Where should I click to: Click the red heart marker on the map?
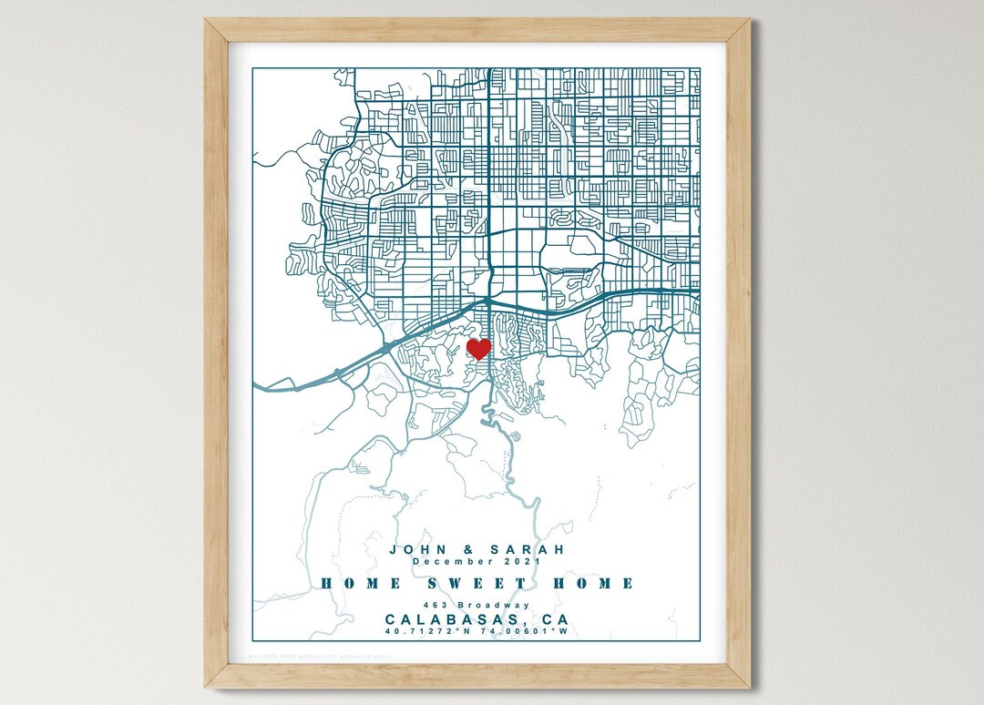click(478, 348)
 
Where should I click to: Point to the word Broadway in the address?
click(491, 606)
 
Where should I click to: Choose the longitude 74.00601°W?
click(526, 631)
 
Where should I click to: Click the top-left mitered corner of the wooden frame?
click(216, 30)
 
